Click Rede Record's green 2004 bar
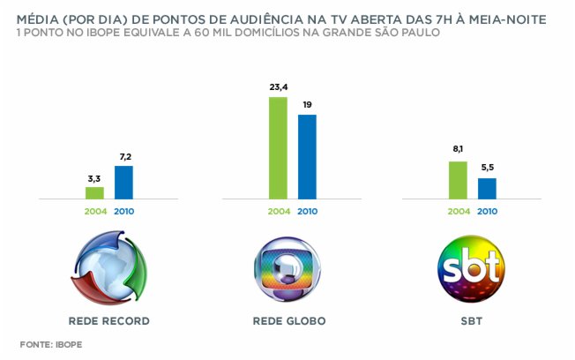click(94, 193)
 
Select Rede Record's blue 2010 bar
click(123, 183)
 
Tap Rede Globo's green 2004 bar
click(278, 148)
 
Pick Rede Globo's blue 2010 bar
click(307, 157)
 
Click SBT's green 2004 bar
click(458, 180)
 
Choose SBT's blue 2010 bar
click(487, 189)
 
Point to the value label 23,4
click(278, 87)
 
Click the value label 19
click(307, 105)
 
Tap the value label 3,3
click(94, 178)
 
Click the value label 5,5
click(487, 169)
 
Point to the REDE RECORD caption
click(109, 320)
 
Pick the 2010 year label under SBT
click(487, 212)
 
